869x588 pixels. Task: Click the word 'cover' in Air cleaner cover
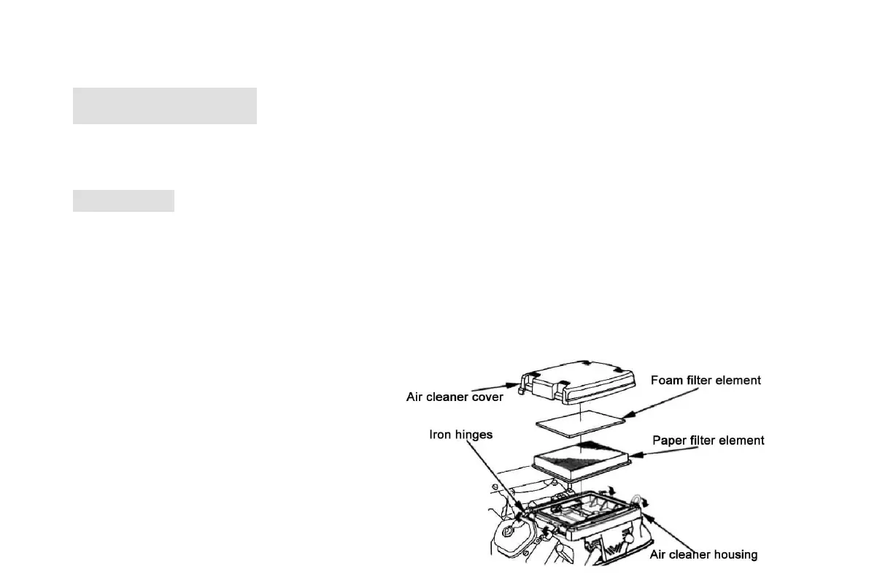(487, 397)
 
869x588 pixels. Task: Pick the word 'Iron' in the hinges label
(439, 435)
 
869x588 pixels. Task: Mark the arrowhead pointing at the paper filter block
(630, 454)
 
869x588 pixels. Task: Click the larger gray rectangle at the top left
(165, 106)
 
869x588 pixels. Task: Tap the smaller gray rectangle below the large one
(123, 201)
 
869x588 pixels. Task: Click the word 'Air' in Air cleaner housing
(658, 554)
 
